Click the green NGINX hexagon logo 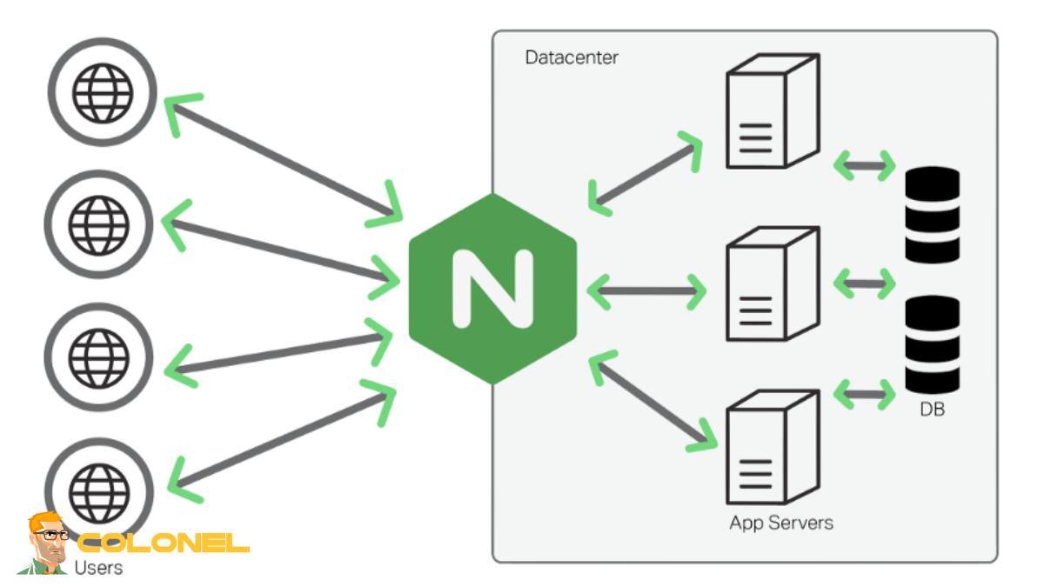492,288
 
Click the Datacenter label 572,58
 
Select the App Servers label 780,523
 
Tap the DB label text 931,408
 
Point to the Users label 98,568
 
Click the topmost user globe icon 103,91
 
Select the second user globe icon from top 98,224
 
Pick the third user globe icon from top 98,356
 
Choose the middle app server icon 771,284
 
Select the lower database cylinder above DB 932,344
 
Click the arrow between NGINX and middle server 646,290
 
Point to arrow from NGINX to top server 646,174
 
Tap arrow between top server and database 864,165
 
